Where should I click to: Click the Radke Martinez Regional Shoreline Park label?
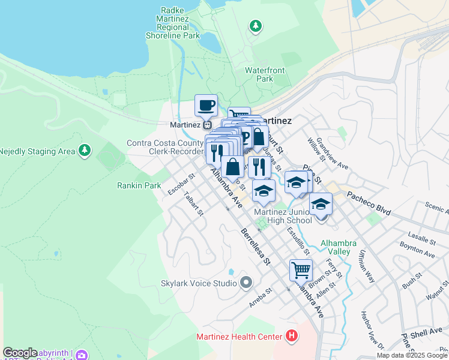pos(172,23)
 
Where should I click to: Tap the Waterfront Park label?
pos(265,74)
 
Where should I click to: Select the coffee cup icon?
pos(206,106)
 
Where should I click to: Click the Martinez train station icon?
pos(206,125)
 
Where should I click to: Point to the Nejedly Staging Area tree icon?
pos(85,150)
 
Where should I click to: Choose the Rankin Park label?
pos(139,185)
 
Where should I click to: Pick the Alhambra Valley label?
pos(339,247)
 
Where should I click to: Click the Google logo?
pos(20,353)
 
